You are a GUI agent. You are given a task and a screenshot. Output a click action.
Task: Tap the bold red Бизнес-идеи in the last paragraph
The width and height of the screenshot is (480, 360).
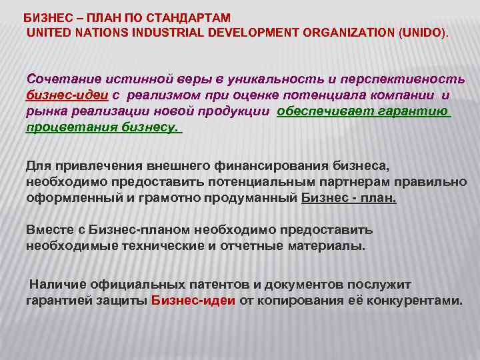[193, 300]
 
